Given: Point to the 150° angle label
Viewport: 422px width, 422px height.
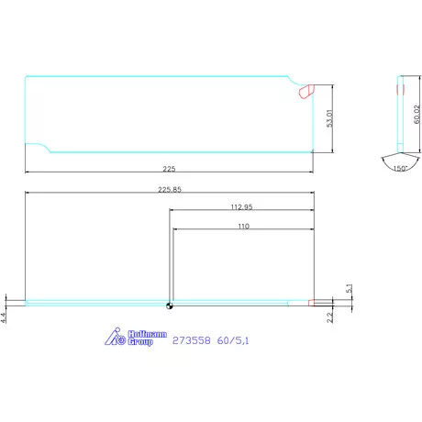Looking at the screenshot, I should point(399,169).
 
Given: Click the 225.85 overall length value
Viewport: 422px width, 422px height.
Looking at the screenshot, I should point(170,190).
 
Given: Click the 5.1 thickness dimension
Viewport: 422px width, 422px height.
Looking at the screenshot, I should point(349,288).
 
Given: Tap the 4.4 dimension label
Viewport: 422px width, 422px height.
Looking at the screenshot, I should point(5,317).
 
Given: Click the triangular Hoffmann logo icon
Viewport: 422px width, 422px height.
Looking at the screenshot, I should point(117,339).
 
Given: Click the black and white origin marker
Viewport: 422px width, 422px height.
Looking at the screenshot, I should point(170,306).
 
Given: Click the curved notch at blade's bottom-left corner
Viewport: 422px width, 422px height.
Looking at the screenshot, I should point(37,148).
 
